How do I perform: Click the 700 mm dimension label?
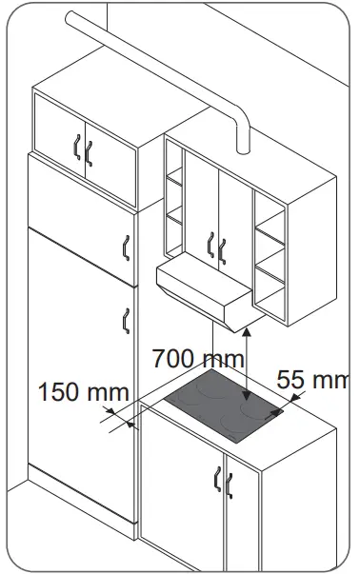(x=198, y=360)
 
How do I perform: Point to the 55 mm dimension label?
(x=313, y=379)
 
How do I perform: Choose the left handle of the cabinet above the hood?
(x=210, y=247)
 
